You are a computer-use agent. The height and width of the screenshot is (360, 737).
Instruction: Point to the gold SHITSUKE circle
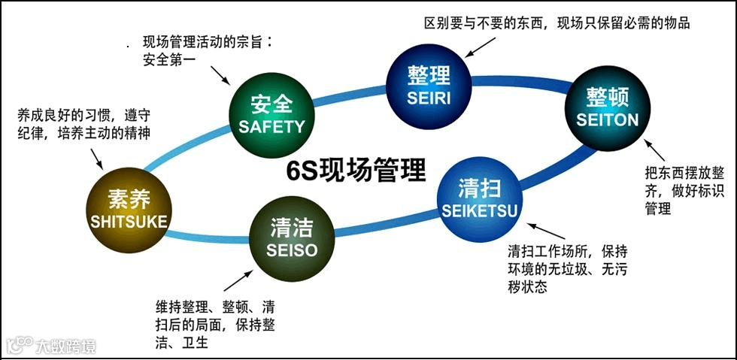coord(129,209)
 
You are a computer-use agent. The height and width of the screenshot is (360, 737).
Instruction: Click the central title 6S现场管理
coord(356,170)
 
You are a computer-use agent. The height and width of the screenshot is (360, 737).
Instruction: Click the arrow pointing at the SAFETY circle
coord(220,75)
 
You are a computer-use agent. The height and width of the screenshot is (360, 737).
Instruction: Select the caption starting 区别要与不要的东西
coord(557,23)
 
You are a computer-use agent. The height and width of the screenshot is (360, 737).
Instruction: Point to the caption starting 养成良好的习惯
coord(83,125)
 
